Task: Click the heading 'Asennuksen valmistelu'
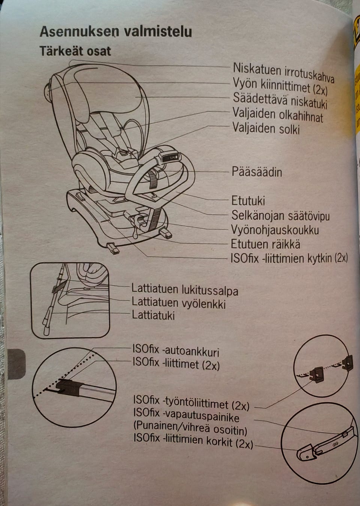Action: [115, 32]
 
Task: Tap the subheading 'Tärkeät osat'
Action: [75, 51]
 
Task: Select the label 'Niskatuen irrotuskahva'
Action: [283, 72]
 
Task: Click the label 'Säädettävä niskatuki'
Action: [280, 100]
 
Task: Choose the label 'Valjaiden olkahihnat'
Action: [277, 114]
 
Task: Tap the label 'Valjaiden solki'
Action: [266, 128]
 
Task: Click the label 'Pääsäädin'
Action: [256, 172]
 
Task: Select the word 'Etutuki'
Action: [248, 201]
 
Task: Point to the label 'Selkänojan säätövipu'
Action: [280, 216]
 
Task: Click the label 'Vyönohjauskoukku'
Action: [274, 230]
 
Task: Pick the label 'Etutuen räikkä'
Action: [265, 244]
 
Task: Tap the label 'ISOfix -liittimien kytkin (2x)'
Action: [289, 258]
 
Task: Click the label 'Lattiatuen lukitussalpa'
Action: [184, 290]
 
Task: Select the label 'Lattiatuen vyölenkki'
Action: [178, 302]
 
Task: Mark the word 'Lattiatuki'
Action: [153, 315]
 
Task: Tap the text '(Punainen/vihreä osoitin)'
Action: [190, 428]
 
